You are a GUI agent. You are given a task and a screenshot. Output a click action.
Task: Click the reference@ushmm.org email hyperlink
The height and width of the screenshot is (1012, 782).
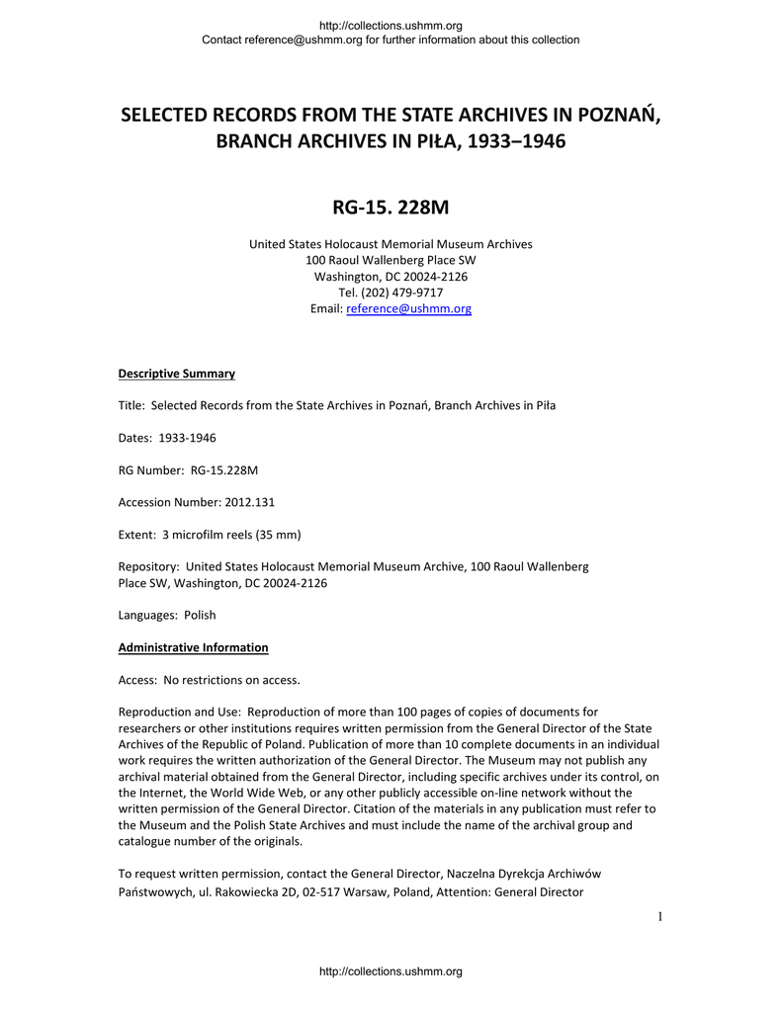(x=408, y=309)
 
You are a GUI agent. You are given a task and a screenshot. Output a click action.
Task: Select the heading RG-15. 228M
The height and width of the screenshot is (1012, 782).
(x=391, y=209)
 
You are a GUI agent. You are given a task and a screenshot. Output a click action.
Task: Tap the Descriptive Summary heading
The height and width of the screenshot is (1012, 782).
(x=177, y=374)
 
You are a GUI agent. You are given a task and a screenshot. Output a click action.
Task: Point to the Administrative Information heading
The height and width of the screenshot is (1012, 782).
(x=194, y=648)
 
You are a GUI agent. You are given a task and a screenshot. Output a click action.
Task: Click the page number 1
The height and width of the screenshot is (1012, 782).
(x=657, y=918)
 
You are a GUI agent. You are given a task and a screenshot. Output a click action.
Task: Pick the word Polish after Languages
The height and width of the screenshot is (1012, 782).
(x=200, y=615)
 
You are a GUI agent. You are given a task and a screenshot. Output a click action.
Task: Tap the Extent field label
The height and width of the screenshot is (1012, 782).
(x=137, y=535)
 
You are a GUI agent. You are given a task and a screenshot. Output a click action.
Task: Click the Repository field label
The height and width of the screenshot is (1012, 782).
(x=148, y=567)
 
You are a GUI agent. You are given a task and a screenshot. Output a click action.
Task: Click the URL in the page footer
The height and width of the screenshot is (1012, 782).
(x=391, y=972)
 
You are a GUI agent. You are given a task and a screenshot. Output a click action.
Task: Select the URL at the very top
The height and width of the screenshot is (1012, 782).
(x=391, y=25)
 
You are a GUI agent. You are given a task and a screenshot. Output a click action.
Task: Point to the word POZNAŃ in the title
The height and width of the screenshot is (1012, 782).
(x=618, y=114)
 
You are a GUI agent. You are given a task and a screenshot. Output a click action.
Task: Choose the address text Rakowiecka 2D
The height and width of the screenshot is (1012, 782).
(x=261, y=892)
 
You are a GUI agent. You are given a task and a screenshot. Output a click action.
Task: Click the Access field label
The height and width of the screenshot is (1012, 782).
(x=138, y=680)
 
